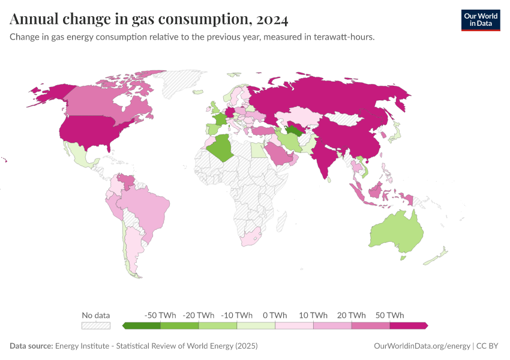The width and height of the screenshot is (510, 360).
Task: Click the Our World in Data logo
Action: coord(480,20)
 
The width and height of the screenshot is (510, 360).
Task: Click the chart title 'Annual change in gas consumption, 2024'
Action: coord(149,19)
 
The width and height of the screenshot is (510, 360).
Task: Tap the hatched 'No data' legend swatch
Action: coord(96,325)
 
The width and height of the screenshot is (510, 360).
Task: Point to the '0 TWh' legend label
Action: coord(275,315)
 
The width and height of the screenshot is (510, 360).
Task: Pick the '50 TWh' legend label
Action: coord(390,315)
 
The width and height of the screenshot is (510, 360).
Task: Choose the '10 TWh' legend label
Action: coord(313,315)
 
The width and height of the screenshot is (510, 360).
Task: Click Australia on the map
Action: coord(397,231)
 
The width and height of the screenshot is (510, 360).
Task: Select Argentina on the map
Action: coord(132,249)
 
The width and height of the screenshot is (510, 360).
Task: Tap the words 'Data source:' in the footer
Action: coord(31,346)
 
